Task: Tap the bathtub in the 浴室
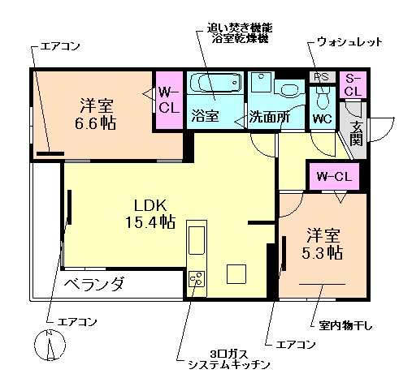[215, 84]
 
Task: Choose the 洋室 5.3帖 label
[322, 243]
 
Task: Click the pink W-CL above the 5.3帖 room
[333, 176]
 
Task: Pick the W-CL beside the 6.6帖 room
[168, 98]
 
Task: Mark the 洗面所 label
[269, 115]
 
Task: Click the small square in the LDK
[236, 273]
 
